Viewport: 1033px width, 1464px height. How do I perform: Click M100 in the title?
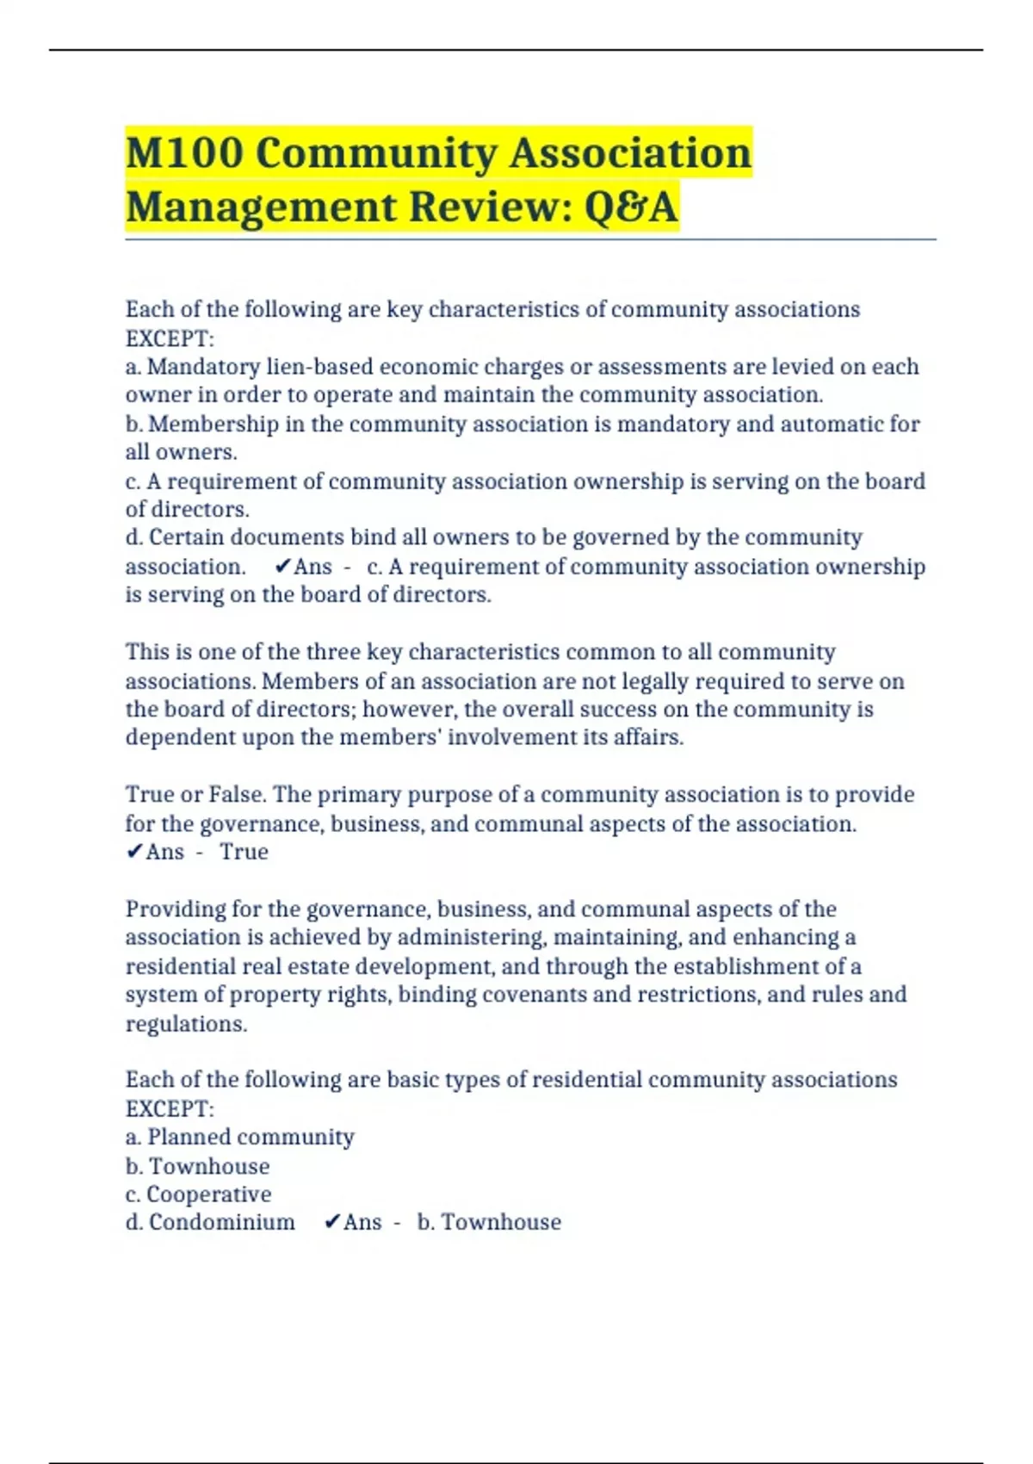tap(183, 153)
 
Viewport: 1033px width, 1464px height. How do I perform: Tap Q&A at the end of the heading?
tap(631, 207)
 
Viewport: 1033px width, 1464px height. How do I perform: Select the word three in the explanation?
tap(332, 652)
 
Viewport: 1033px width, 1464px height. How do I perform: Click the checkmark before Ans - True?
tap(134, 852)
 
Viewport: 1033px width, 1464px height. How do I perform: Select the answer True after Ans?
tap(244, 852)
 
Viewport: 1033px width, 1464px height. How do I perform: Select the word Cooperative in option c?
tap(209, 1194)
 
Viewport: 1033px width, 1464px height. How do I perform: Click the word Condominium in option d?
tap(221, 1223)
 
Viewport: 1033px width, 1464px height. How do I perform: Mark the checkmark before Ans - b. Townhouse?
tap(332, 1223)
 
